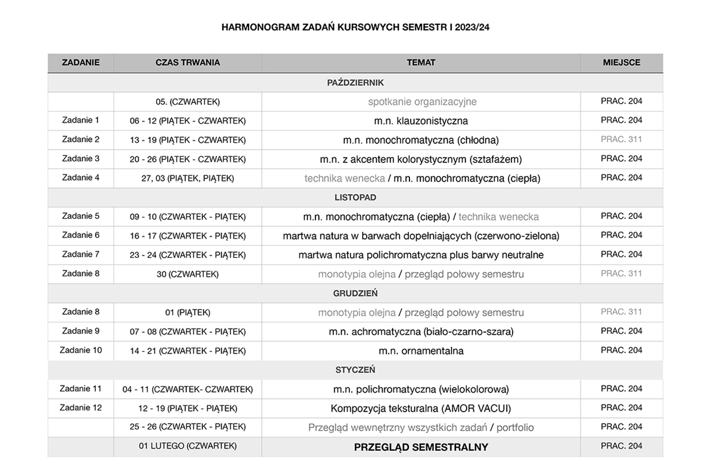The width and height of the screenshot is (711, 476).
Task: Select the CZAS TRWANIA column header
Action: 188,63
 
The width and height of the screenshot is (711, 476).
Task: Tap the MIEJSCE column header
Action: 621,63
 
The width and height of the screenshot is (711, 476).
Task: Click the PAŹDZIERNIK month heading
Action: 355,83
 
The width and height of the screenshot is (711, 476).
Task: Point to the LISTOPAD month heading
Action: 355,198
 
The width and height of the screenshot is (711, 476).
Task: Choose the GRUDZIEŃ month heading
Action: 355,293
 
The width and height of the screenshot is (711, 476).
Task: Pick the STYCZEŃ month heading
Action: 355,370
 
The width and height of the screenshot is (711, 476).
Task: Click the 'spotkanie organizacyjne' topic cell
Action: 422,102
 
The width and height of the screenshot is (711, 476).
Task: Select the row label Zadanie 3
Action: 81,159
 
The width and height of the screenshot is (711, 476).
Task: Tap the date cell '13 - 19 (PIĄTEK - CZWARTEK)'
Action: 188,140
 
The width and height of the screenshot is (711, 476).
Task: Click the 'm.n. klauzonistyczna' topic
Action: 421,121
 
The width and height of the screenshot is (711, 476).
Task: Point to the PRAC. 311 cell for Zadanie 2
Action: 621,139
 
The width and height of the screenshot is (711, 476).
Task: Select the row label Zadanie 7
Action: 81,255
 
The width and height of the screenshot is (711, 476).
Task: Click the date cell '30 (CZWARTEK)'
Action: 188,274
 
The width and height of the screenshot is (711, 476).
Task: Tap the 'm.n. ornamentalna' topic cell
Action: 421,351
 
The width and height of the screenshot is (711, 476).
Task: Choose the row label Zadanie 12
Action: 81,408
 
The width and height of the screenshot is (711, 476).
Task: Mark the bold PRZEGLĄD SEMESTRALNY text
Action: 421,447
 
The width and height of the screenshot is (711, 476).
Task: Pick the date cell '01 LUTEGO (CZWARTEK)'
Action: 188,446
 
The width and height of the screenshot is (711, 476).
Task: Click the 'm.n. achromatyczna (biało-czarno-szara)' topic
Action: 421,331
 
